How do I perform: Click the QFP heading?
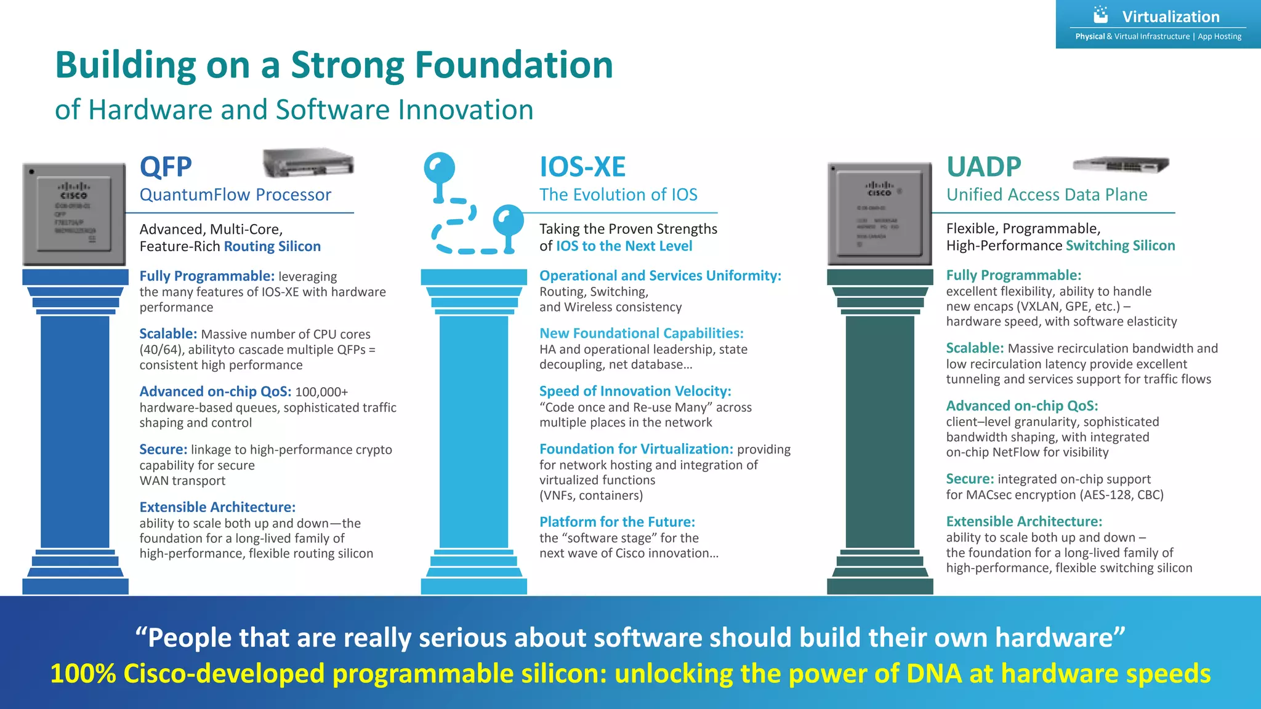click(166, 167)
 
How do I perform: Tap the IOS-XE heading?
click(582, 167)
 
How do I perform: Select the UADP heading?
click(983, 167)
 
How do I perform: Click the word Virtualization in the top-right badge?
click(1170, 17)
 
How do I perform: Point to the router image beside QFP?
click(308, 163)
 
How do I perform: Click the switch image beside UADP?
click(1121, 165)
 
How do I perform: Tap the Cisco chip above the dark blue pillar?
click(75, 214)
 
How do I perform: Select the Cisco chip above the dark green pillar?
click(879, 214)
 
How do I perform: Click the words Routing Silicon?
click(272, 246)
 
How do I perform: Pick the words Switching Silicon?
click(1120, 246)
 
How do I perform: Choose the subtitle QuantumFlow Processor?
click(235, 194)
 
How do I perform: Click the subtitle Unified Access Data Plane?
click(1047, 194)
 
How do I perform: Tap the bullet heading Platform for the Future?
click(617, 522)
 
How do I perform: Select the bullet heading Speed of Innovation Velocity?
click(635, 391)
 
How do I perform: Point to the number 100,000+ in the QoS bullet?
click(321, 392)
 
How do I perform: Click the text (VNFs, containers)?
click(591, 495)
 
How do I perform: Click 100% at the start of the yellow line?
click(83, 673)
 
